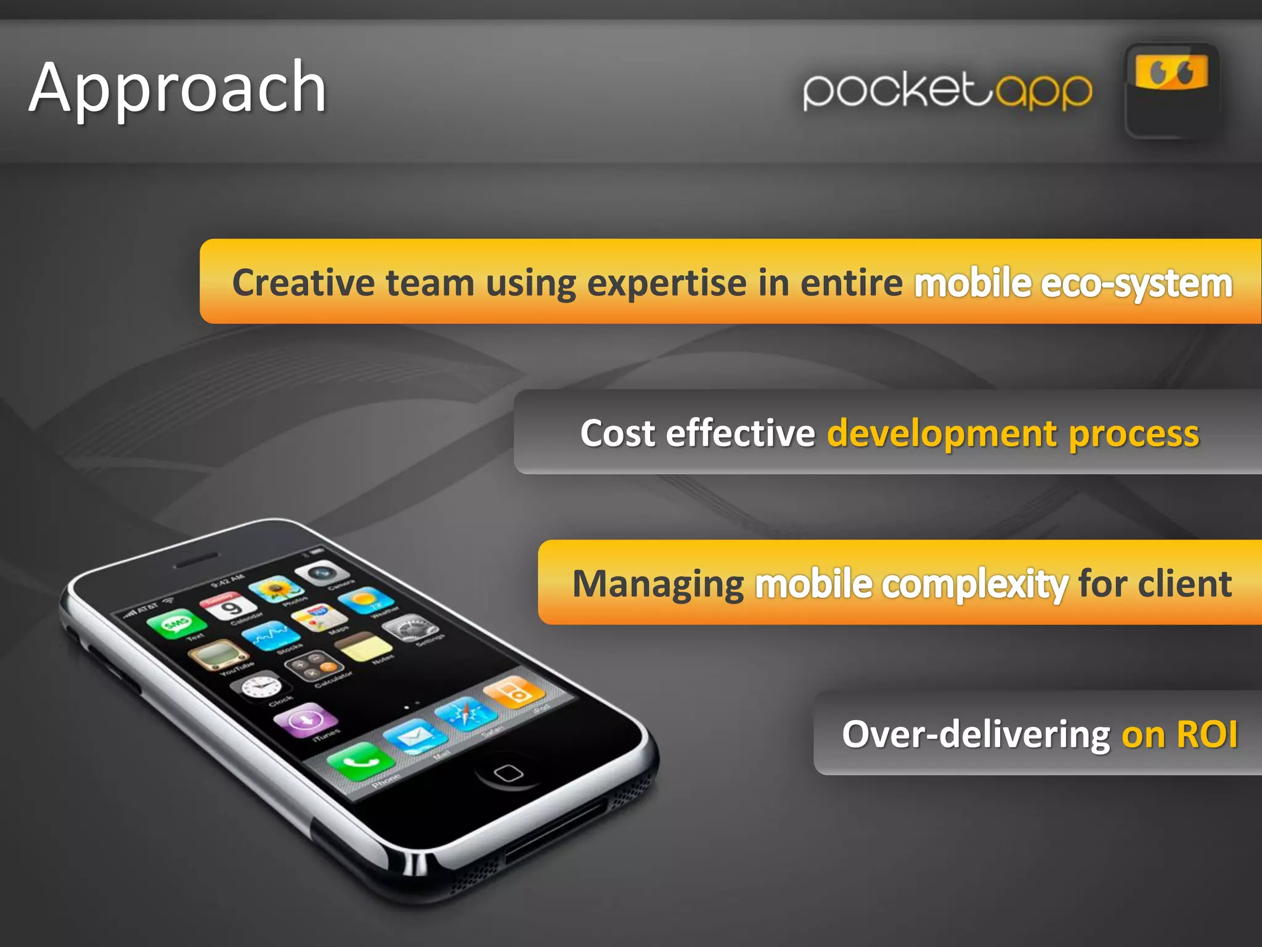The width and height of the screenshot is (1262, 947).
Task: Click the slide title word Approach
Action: coord(177,88)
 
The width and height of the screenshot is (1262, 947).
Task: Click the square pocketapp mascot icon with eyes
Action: coord(1171,91)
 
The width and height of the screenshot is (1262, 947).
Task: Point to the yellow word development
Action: coord(942,433)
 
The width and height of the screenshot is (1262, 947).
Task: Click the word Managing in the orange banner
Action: coord(657,584)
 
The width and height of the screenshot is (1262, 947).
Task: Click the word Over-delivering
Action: coord(976,734)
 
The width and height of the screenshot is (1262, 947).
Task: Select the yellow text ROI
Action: coord(1207,734)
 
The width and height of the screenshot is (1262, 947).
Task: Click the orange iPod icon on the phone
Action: coord(515,691)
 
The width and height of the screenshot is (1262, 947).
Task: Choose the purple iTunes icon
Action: coord(306,719)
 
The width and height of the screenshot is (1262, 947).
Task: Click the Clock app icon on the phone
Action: coord(261,685)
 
